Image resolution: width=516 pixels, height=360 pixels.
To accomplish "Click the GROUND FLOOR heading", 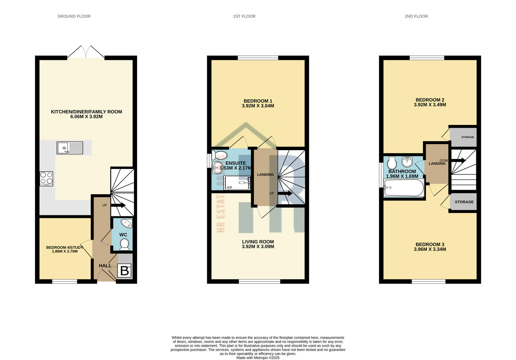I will [x=74, y=16].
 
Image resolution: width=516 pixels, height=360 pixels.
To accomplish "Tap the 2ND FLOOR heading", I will [x=416, y=16].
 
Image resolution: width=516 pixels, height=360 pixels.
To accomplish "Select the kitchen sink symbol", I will [x=70, y=148].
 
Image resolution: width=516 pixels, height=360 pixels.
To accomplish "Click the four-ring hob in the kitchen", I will [x=46, y=179].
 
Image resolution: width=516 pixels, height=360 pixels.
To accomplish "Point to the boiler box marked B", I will [x=124, y=271].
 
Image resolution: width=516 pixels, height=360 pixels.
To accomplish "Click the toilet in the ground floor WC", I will [x=124, y=244].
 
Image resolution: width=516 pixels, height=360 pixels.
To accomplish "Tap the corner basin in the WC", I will [x=126, y=223].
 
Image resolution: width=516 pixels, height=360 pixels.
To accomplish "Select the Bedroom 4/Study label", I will [x=65, y=247].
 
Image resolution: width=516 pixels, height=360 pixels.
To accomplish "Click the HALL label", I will [x=105, y=266].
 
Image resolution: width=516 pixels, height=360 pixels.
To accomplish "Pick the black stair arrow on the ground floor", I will [x=118, y=205].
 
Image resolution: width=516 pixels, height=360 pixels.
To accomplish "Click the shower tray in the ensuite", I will [x=237, y=183].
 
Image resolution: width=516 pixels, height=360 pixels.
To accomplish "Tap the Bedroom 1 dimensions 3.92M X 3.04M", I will [x=258, y=106].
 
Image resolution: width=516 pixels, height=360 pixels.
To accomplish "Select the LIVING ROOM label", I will [x=258, y=242].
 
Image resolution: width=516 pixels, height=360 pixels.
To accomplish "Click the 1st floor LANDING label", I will [x=265, y=175].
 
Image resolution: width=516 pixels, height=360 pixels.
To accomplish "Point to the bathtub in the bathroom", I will [x=404, y=188].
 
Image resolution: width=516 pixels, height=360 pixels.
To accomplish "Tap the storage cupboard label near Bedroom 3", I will [x=464, y=202].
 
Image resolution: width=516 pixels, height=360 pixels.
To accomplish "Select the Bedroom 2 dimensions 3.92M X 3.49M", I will [x=430, y=105].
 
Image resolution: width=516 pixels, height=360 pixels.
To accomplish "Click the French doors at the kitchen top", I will [x=86, y=53].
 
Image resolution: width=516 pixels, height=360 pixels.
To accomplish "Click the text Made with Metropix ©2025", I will [x=258, y=358].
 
